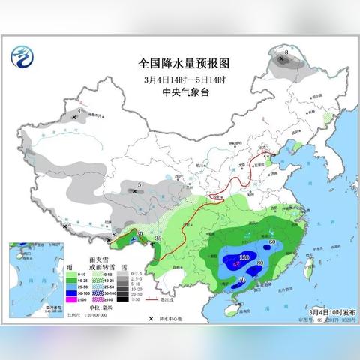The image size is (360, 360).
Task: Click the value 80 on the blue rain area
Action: pyautogui.click(x=259, y=264)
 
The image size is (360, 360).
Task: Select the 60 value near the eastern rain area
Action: pyautogui.click(x=272, y=241)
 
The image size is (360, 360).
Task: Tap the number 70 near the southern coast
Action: pyautogui.click(x=241, y=279)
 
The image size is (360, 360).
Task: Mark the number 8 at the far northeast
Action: pyautogui.click(x=286, y=52)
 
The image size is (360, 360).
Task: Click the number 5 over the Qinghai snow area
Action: pyautogui.click(x=140, y=184)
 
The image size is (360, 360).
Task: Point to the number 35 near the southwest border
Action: pyautogui.click(x=157, y=238)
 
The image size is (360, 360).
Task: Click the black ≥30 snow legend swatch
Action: pyautogui.click(x=122, y=299)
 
